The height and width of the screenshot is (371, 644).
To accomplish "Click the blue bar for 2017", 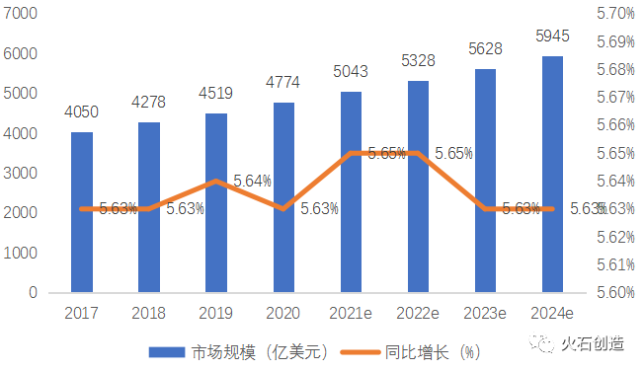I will [x=82, y=212].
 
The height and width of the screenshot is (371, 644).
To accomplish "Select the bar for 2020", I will [x=283, y=197].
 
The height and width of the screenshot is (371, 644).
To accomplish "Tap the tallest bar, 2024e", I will [x=552, y=175].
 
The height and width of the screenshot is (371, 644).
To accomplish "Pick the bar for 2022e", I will [x=418, y=187].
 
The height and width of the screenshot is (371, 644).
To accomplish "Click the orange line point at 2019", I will [x=216, y=182].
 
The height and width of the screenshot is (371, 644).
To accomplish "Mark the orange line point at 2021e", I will [x=351, y=153].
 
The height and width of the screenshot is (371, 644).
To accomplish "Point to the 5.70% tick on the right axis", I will [x=614, y=14].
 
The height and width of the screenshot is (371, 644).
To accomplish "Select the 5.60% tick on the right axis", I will [x=614, y=293].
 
